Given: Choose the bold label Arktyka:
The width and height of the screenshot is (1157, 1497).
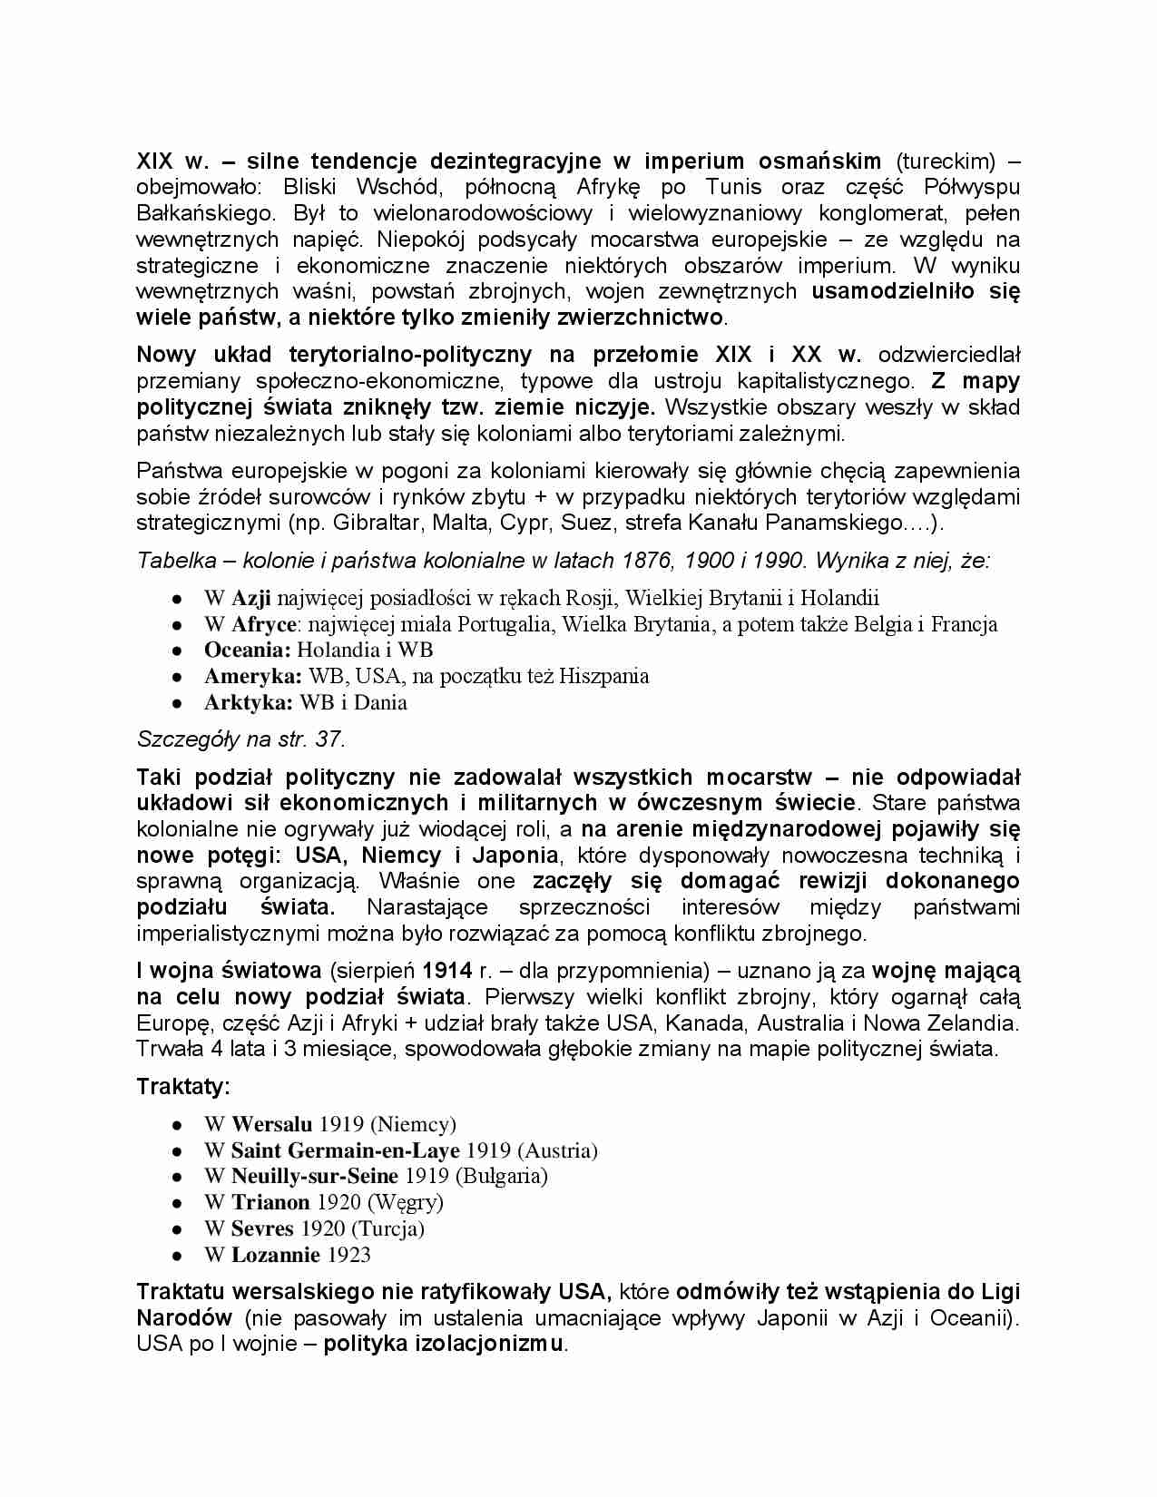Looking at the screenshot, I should pos(248,703).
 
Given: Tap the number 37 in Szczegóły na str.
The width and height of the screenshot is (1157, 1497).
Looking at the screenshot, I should pos(328,739).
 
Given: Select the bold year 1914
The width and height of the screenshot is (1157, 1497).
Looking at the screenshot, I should pos(446,971).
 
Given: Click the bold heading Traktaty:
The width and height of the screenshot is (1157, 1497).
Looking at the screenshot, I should pos(183,1086).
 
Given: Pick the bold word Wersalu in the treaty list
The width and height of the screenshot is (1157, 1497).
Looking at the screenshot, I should pos(271,1125).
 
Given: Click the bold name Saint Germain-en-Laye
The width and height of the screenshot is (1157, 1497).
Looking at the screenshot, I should pos(345,1151).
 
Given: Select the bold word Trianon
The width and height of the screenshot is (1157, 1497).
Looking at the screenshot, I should pos(270,1203).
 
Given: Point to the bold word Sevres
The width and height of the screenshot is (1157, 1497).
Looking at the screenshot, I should pos(262,1229).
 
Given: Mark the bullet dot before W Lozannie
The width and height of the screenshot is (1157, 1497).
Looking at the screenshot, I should pos(177,1257).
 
